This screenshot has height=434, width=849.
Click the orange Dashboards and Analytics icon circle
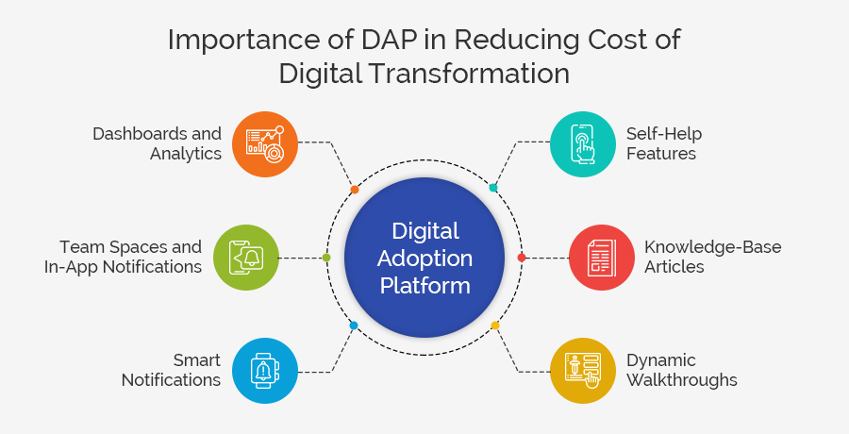(x=265, y=143)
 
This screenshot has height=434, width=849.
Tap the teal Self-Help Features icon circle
(x=582, y=143)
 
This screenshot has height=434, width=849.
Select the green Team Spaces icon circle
(x=246, y=257)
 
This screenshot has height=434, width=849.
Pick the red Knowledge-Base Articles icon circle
(x=601, y=257)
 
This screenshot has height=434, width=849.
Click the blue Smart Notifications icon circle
(x=265, y=370)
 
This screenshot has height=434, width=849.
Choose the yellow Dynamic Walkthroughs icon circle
(x=582, y=370)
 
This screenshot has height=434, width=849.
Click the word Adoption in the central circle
(x=425, y=257)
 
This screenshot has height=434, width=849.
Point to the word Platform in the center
(x=425, y=284)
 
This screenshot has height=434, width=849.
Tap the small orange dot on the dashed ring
(x=355, y=190)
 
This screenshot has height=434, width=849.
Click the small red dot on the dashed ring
(x=522, y=257)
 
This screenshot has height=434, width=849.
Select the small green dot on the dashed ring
(x=326, y=257)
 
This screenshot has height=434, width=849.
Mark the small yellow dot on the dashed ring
(x=495, y=325)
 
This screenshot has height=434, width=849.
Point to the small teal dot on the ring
(x=493, y=188)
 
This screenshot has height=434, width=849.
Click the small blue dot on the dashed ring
(x=354, y=325)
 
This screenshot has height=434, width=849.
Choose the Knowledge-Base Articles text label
(x=712, y=257)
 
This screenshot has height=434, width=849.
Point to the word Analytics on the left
(x=186, y=154)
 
